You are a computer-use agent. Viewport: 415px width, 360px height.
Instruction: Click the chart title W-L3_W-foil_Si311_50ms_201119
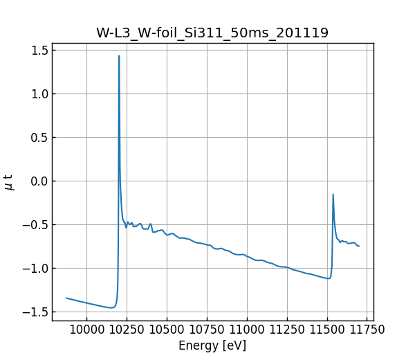pos(212,33)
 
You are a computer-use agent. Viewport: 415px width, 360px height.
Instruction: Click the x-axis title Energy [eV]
pos(212,345)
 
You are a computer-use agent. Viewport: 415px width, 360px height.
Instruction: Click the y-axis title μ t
pos(9,182)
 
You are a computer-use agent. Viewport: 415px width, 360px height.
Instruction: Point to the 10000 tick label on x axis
pos(86,330)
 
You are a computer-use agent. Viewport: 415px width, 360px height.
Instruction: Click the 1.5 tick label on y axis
pos(39,50)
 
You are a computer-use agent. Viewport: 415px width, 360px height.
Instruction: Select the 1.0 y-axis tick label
pos(39,93)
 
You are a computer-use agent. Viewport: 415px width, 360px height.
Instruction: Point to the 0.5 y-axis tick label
pos(39,137)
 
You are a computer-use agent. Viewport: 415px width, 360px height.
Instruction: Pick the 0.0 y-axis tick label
pos(39,181)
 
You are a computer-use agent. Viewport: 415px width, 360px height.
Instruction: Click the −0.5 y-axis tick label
pos(35,224)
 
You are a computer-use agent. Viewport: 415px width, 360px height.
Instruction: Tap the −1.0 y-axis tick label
pos(35,268)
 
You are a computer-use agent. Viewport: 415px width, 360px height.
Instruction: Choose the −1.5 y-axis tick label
pos(35,312)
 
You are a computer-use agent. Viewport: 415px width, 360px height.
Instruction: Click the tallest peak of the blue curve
pos(119,56)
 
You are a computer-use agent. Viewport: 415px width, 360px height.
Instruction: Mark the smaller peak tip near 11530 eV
pos(333,195)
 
